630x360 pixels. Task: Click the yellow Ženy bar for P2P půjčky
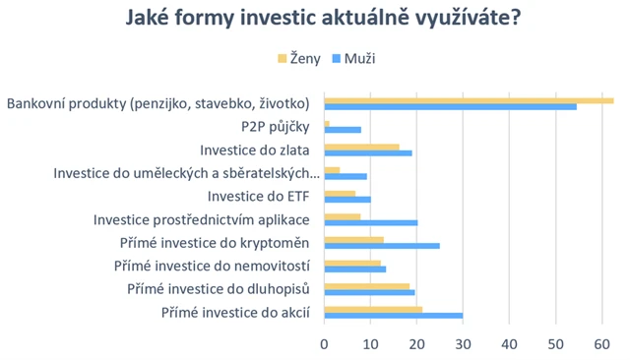click(327, 123)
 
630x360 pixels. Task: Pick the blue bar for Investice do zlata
click(368, 152)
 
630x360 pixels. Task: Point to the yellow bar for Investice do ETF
click(340, 193)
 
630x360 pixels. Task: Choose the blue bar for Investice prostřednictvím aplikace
click(371, 222)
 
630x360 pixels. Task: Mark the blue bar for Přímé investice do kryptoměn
click(382, 245)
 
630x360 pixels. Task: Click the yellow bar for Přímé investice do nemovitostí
click(352, 263)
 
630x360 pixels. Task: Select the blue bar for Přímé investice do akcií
click(394, 315)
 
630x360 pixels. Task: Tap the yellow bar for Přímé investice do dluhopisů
click(367, 286)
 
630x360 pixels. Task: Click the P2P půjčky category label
click(276, 127)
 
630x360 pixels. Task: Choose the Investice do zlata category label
click(255, 150)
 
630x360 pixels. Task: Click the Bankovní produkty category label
click(158, 103)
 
